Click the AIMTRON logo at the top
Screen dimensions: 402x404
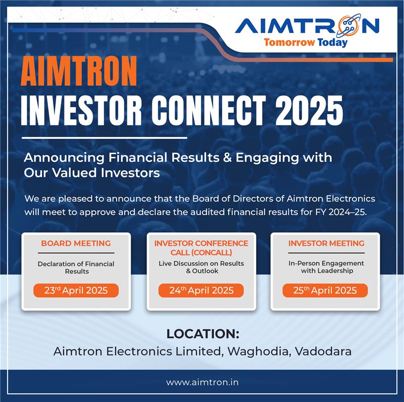pos(307,25)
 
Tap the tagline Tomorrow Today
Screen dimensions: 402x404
pos(306,42)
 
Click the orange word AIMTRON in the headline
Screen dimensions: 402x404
pos(79,71)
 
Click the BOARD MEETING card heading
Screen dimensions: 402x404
pos(76,243)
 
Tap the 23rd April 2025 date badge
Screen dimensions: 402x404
pos(76,290)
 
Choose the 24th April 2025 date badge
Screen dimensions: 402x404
pos(201,290)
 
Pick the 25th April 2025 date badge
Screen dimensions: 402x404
pos(326,290)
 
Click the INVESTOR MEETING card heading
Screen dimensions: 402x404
pos(326,243)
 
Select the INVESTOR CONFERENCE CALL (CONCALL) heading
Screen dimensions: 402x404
pos(201,247)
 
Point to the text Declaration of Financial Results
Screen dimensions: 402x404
pos(76,267)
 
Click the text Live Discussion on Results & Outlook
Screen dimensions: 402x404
pos(201,267)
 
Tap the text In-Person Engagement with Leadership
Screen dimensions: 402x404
pos(326,267)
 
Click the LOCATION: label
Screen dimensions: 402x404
pos(203,334)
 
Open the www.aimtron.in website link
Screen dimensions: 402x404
pos(203,383)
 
